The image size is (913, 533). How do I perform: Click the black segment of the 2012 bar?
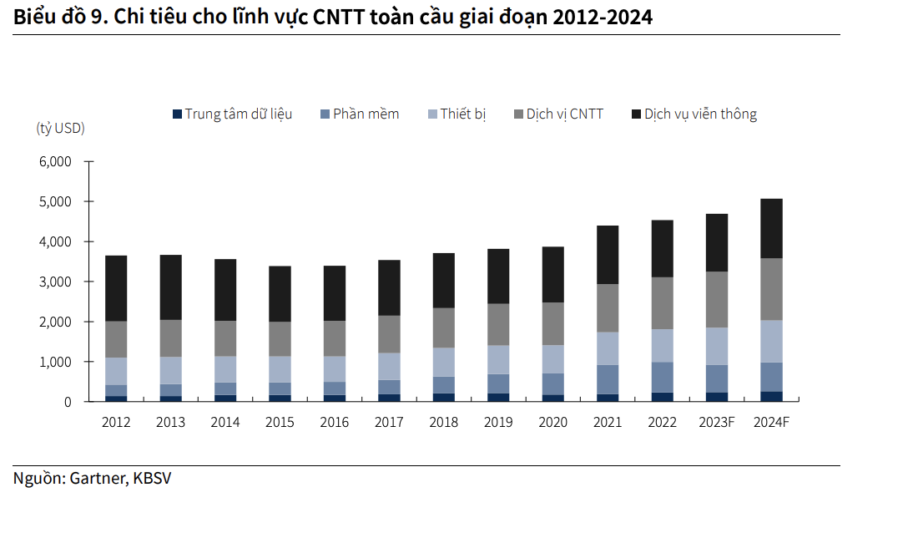coord(116,288)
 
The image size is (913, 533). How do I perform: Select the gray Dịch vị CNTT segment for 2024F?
coord(771,289)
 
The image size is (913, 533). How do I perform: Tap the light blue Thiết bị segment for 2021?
coord(608,348)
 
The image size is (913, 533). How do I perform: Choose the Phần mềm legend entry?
coord(366,114)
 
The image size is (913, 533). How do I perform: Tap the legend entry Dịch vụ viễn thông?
coord(700,114)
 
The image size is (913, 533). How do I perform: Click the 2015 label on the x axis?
coord(280,422)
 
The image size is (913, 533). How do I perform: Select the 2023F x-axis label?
coord(716,422)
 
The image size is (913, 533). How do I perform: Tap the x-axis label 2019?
coord(498,422)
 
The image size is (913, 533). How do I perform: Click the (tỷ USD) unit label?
coord(60,129)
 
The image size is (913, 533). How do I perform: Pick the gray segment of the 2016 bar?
coord(334,338)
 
